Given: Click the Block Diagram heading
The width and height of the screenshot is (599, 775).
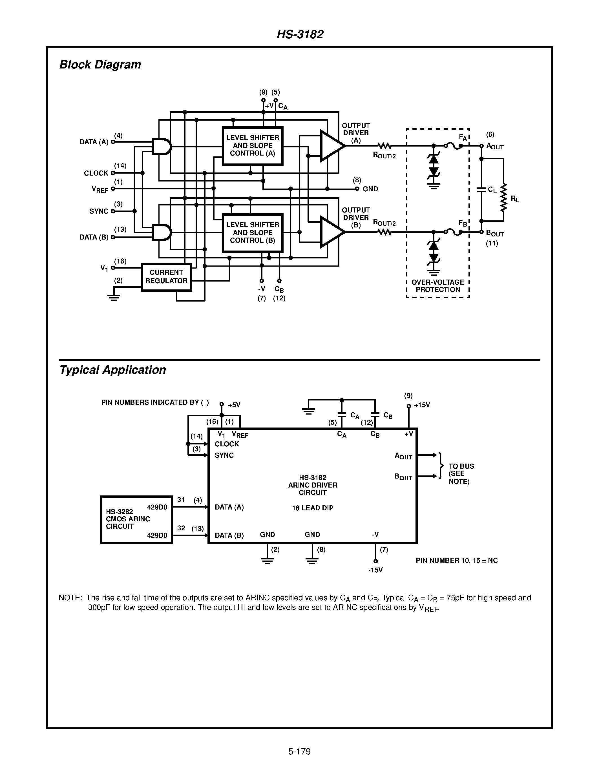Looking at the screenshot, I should pos(100,65).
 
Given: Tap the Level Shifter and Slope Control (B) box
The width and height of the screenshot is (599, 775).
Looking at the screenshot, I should pos(252,233).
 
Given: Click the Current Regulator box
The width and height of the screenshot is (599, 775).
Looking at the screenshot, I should pos(166,277).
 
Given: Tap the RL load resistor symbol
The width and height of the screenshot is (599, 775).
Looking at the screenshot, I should pos(503,198).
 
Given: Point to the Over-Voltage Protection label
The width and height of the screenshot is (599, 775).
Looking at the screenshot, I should pos(437,286).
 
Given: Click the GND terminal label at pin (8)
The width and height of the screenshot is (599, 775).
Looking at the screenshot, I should pos(370,189).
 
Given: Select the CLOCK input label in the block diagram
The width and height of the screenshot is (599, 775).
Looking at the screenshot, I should pos(96,173).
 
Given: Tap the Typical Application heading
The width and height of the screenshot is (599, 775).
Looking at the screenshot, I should pos(112,370).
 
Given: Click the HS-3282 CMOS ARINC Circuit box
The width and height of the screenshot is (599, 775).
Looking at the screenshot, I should pos(136,519).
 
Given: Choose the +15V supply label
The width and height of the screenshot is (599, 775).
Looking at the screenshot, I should pos(422,405).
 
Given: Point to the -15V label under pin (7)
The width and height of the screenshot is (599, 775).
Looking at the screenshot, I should pos(375,570).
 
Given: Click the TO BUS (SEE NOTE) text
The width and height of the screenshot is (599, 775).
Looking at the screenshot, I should pos(461,474).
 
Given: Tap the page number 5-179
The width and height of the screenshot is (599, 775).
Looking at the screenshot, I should pos(299,751).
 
